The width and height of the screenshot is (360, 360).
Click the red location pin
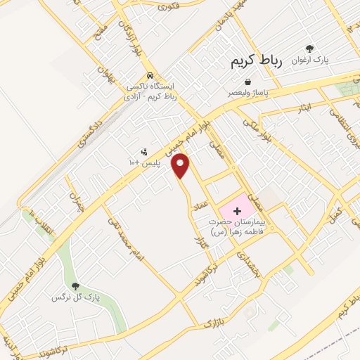pos(182,165)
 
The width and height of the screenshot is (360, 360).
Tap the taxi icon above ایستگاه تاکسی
pos(150,76)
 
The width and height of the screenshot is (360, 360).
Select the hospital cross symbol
pos(236,210)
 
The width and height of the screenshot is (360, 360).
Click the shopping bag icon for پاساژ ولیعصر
pos(247,82)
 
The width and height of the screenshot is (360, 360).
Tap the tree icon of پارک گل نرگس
pos(77,286)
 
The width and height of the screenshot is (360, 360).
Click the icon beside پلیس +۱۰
pos(144,152)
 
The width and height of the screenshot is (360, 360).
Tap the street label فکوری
pos(170,7)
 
